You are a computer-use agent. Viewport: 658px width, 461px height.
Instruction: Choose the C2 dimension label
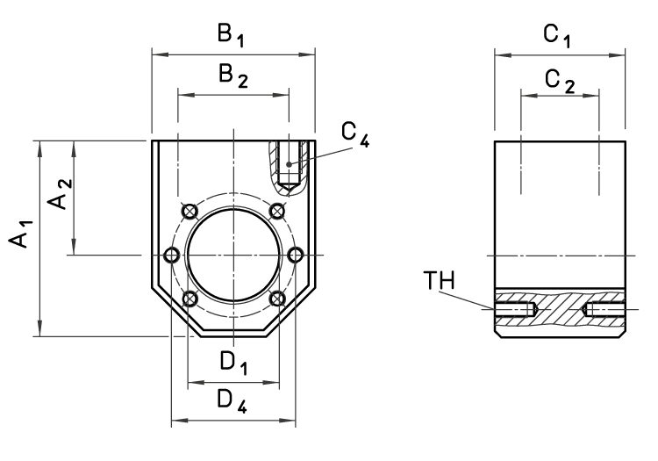[559, 79]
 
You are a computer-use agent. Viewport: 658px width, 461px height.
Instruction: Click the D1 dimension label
[233, 362]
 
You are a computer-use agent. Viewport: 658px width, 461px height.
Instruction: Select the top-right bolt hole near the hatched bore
[278, 211]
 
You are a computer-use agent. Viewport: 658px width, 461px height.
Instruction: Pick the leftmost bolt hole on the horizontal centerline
[172, 255]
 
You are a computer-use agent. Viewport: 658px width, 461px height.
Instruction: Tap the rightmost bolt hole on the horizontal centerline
[296, 255]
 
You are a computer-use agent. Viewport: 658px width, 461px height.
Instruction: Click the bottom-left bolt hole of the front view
[189, 299]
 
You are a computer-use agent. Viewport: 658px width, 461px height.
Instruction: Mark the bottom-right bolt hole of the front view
[278, 299]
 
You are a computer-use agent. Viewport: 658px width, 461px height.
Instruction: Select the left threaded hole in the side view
[515, 309]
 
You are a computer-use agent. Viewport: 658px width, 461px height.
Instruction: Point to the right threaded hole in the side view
[604, 309]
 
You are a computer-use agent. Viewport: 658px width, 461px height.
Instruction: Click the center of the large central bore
[233, 255]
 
